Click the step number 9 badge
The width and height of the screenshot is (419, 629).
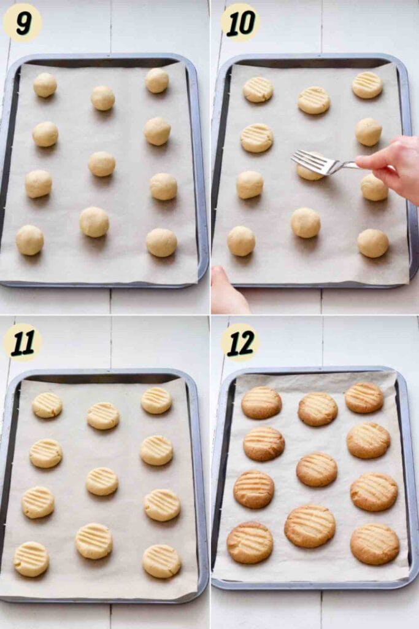[23, 23]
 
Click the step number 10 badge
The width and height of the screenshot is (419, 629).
[240, 23]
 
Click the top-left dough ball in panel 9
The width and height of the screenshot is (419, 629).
[45, 85]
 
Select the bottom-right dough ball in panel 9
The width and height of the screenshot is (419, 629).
[161, 243]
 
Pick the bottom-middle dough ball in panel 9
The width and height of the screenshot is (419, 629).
[94, 222]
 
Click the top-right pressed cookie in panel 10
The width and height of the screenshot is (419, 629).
[367, 85]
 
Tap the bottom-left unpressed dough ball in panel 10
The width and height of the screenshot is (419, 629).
[241, 241]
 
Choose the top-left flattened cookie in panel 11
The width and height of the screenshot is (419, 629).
[47, 405]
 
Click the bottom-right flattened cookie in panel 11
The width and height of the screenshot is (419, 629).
[161, 561]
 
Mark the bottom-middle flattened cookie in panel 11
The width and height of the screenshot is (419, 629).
[94, 541]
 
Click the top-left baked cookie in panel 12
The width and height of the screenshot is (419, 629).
[261, 403]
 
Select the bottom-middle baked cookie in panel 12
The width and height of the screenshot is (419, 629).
[310, 526]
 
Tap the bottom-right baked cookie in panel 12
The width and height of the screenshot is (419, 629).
[375, 544]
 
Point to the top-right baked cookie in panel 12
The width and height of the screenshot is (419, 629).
[364, 397]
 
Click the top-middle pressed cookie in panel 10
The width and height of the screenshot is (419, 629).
[314, 100]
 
